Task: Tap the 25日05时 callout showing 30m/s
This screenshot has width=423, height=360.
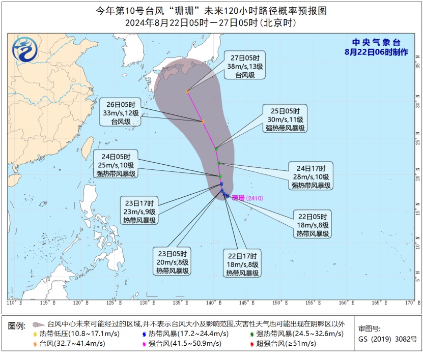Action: click(285, 119)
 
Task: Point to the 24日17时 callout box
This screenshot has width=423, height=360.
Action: click(311, 176)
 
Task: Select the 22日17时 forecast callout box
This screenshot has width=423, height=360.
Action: click(243, 264)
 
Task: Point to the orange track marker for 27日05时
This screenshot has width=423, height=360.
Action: click(188, 92)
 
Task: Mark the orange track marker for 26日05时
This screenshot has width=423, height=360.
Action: click(203, 122)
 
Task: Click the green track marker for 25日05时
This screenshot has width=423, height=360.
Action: click(216, 148)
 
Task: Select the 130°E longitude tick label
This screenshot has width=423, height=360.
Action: click(147, 303)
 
